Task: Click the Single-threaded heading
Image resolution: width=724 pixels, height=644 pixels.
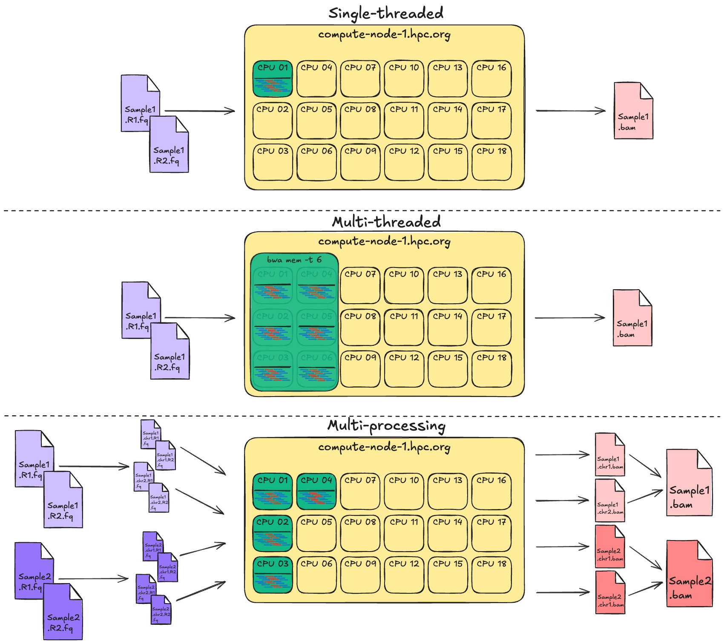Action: [386, 13]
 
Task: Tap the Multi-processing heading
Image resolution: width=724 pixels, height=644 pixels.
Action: [386, 425]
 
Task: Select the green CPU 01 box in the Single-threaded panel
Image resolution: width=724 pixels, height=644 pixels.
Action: [273, 79]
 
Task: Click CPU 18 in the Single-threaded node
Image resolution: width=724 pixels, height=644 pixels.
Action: [491, 162]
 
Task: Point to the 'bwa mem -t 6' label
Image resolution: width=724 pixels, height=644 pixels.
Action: [294, 260]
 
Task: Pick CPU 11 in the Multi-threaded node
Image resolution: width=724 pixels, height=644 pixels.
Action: [404, 327]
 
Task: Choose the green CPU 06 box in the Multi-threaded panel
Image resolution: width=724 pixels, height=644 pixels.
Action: [316, 369]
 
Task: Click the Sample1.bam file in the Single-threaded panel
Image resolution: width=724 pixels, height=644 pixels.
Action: [633, 112]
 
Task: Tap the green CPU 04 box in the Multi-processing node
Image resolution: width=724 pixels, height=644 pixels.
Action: [316, 492]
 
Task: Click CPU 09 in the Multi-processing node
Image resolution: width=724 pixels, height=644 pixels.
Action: [360, 575]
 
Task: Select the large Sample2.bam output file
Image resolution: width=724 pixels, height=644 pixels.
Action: [689, 574]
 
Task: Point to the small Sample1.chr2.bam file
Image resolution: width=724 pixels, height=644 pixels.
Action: [610, 501]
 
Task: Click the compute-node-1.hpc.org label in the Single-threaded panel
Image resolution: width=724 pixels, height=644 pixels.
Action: [384, 34]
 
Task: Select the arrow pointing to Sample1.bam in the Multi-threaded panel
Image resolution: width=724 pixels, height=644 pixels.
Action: [570, 318]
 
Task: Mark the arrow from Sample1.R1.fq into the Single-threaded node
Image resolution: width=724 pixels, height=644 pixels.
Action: [200, 111]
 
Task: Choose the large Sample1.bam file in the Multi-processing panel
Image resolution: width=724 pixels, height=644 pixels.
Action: [689, 483]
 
